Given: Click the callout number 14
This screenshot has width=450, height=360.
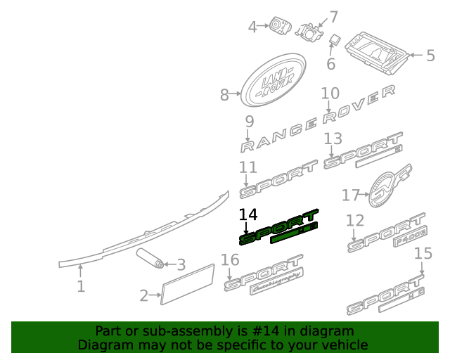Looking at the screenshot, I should coord(248,215).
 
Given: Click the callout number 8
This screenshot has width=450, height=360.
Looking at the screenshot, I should coord(224,95).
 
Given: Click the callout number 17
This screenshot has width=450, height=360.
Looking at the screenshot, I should coord(351,195).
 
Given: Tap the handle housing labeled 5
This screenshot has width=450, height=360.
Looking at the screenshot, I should coord(380,52).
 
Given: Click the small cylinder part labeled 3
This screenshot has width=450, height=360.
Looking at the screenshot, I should coord(150,258).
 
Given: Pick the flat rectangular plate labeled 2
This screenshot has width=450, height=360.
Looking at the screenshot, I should coord(188,284).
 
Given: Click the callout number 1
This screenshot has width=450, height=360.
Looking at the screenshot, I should coord(81,286).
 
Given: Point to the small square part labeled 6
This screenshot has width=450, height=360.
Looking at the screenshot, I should coord(335,39).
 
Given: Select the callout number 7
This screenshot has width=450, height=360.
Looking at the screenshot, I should coord(333,16).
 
